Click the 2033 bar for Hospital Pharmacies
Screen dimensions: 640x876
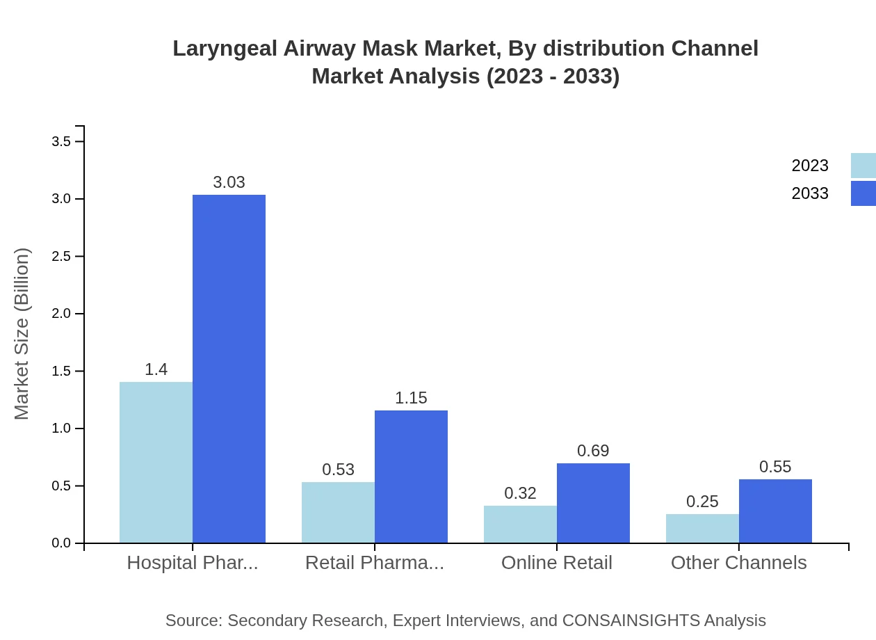[x=229, y=369]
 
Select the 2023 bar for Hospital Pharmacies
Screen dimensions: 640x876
[x=156, y=462]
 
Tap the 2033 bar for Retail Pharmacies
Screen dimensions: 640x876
[x=411, y=477]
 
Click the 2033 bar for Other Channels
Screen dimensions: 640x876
[x=775, y=511]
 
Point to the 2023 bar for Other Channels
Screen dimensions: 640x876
[x=702, y=528]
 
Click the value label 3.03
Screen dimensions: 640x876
[x=229, y=182]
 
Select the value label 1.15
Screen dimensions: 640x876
[x=411, y=398]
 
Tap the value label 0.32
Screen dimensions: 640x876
[x=520, y=493]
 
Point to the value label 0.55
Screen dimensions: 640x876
[x=775, y=467]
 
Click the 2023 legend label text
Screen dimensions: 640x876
[x=810, y=166]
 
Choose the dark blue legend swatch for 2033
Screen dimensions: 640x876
[x=863, y=193]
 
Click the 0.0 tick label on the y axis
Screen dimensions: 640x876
[x=62, y=543]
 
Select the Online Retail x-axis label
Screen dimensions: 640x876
[x=556, y=562]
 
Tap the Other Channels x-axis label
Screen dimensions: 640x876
[x=738, y=562]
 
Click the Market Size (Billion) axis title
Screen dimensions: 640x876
[x=22, y=334]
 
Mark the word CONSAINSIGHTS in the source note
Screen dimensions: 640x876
[x=631, y=621]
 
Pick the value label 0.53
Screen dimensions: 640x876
[x=338, y=470]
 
